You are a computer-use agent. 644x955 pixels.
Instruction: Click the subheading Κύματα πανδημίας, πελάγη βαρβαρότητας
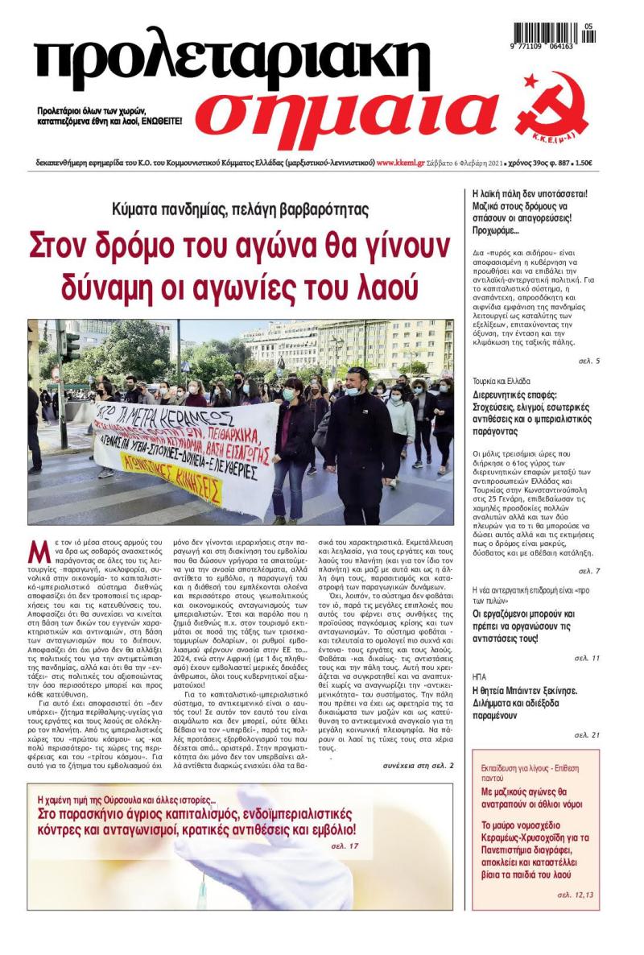click(x=241, y=210)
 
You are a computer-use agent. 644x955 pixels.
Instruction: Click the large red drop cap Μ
click(x=39, y=552)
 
